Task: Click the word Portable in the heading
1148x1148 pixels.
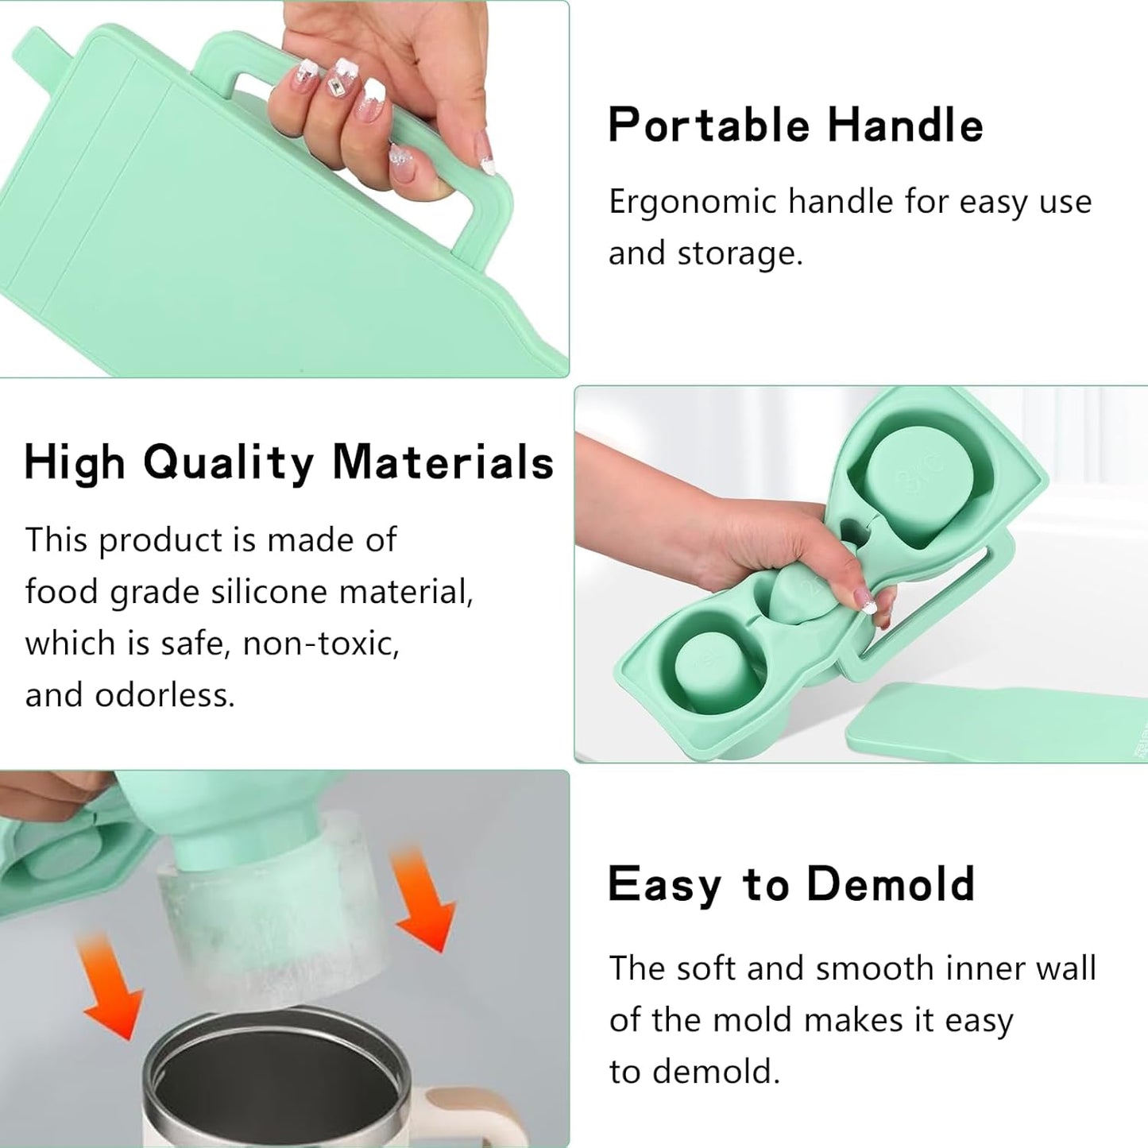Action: click(x=709, y=125)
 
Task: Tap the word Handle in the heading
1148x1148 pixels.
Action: click(x=905, y=125)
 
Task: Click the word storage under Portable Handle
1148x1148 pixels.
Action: click(x=740, y=254)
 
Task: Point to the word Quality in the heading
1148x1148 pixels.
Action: click(x=228, y=463)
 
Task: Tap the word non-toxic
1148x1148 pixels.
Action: click(x=320, y=644)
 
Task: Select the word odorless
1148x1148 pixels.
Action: click(x=164, y=694)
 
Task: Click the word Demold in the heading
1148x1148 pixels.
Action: click(x=890, y=883)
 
